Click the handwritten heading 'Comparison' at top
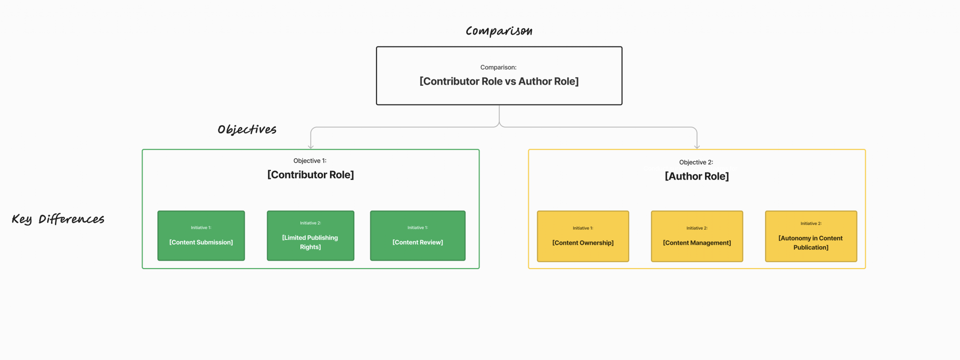pyautogui.click(x=499, y=31)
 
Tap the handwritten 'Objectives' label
pyautogui.click(x=247, y=129)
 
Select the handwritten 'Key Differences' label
pyautogui.click(x=58, y=219)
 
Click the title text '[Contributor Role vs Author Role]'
pyautogui.click(x=499, y=82)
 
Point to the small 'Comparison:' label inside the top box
pyautogui.click(x=498, y=67)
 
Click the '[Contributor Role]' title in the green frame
pyautogui.click(x=310, y=175)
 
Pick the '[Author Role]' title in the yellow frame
pyautogui.click(x=697, y=177)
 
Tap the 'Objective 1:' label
pyautogui.click(x=310, y=161)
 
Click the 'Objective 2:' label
pyautogui.click(x=696, y=162)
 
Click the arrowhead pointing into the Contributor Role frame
pyautogui.click(x=311, y=147)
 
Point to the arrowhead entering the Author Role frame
pyautogui.click(x=697, y=147)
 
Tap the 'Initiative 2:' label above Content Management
pyautogui.click(x=697, y=228)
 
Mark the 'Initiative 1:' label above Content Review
pyautogui.click(x=418, y=228)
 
